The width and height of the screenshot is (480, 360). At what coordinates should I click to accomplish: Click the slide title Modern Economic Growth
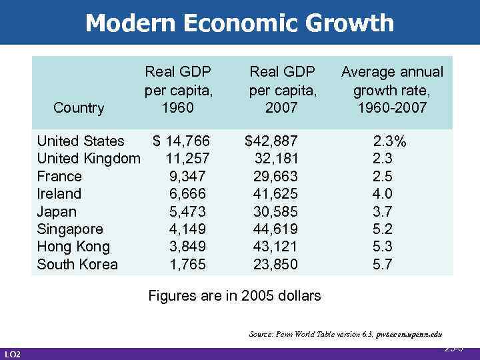click(239, 23)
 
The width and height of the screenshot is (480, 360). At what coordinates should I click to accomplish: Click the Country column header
click(79, 108)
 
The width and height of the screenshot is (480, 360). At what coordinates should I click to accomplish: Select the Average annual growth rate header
click(392, 90)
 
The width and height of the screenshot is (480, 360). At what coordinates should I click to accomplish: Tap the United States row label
click(80, 141)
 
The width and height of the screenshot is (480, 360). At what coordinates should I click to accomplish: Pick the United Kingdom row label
click(89, 159)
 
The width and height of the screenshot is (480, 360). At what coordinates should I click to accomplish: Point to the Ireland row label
click(59, 194)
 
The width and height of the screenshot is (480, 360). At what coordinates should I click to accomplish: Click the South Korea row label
click(77, 265)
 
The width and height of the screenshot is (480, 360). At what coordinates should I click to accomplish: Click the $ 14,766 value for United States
click(181, 141)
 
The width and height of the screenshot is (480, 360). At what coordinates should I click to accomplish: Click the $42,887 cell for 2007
click(272, 141)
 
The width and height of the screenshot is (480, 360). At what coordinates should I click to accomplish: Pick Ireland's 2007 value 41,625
click(275, 194)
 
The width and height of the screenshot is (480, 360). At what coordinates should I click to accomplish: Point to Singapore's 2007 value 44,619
click(275, 229)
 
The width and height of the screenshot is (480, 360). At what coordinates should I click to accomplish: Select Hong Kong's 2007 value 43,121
click(275, 247)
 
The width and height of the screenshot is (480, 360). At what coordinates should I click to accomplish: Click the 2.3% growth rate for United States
click(391, 141)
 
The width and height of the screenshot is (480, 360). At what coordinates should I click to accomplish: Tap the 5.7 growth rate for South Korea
click(383, 265)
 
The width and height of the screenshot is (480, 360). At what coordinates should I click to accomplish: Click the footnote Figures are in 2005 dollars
click(234, 295)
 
